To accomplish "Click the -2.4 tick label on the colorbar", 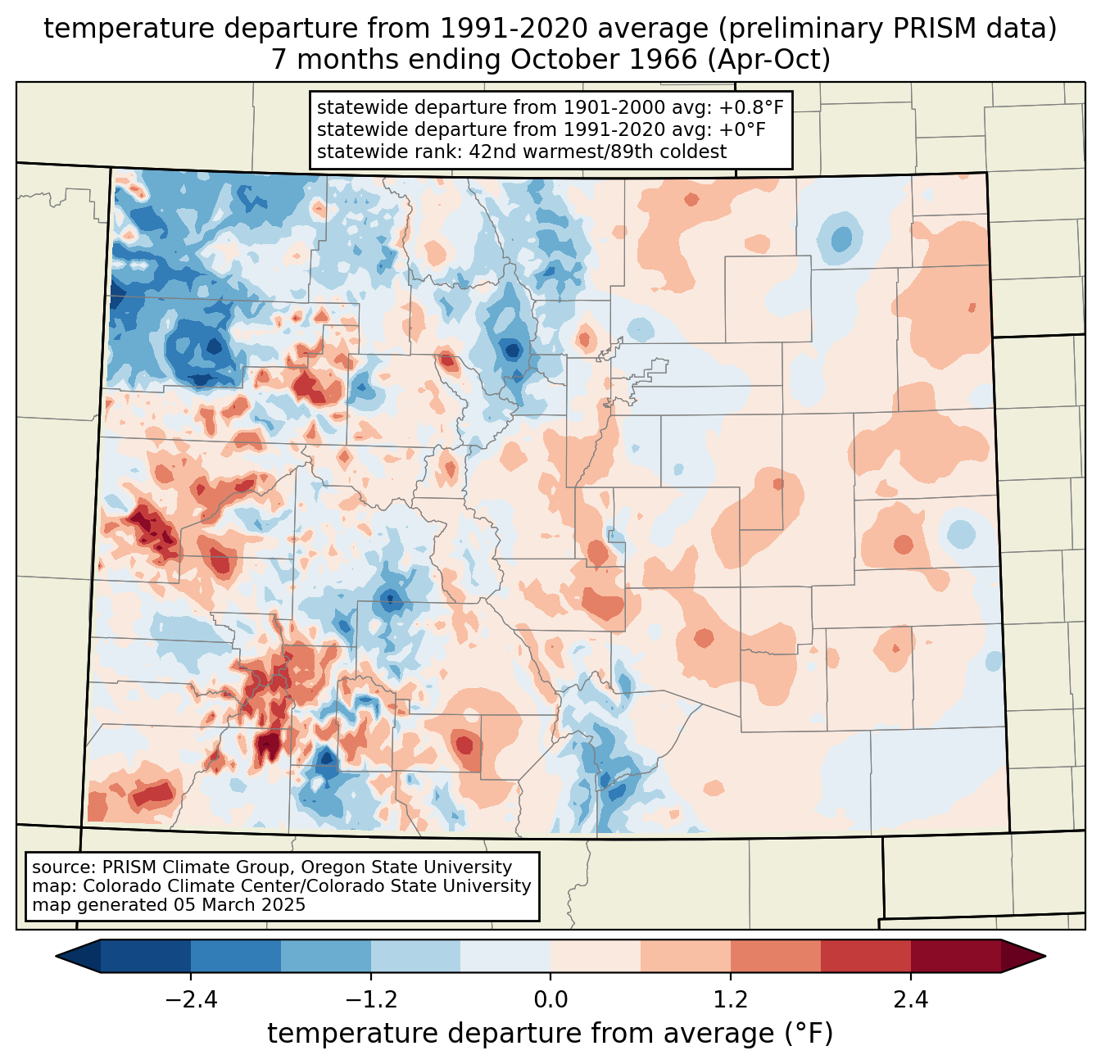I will pos(191,1000).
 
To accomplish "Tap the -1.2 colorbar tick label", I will pos(371,1000).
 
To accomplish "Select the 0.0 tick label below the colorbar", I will pos(550,1000).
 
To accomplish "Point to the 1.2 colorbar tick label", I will pos(731,1000).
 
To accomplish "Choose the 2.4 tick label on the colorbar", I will pos(911,1000).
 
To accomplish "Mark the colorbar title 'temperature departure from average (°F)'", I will pos(550,1034).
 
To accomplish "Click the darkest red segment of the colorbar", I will pos(955,956).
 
